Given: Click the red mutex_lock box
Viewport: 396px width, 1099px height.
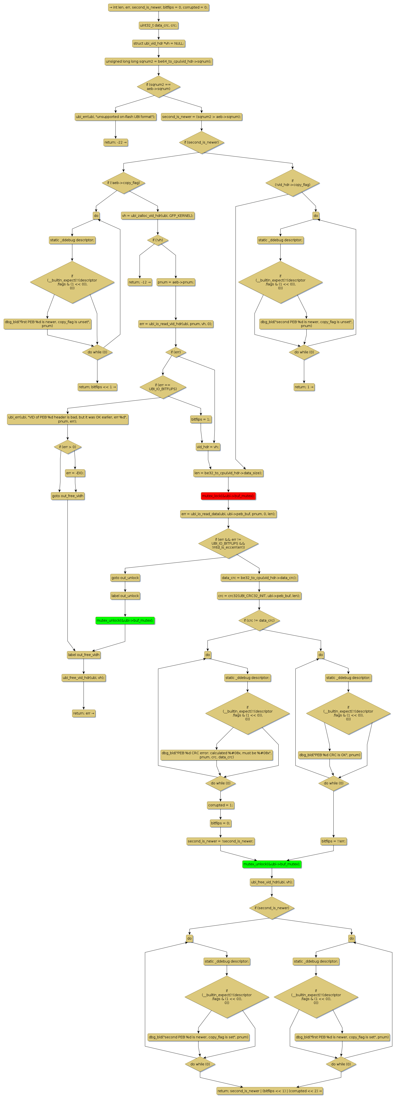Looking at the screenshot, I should point(228,496).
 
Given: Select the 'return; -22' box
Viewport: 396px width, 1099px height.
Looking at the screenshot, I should point(115,142).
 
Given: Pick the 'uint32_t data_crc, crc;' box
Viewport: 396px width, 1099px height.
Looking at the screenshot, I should point(159,25).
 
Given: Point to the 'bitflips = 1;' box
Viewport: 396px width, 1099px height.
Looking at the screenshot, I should point(201,419).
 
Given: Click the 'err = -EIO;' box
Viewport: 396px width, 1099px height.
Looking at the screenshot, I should point(75,473).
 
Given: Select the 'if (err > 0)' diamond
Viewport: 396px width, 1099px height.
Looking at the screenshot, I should point(68,447).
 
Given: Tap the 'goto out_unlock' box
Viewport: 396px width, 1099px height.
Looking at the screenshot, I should point(125,578).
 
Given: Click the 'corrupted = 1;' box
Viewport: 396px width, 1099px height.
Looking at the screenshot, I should point(220,805).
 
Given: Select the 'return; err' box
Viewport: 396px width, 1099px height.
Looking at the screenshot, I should point(84,713).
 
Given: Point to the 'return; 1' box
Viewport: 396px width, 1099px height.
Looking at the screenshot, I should point(304,387).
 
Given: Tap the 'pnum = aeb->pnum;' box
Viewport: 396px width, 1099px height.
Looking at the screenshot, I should point(176,282).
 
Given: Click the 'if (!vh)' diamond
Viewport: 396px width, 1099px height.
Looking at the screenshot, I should point(158,240).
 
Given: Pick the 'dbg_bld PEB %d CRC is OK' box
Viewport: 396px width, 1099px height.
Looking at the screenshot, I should point(330,755).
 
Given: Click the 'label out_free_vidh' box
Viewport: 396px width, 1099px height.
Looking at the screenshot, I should point(84,655).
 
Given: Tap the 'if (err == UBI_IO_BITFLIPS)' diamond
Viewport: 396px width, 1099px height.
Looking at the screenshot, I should point(163,387).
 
